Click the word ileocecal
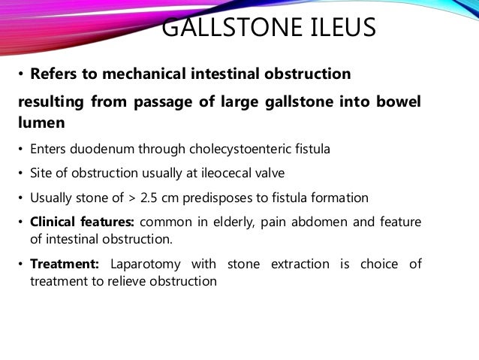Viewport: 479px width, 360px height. (x=197, y=173)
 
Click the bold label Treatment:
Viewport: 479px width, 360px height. (x=66, y=265)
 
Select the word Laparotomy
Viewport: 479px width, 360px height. (x=145, y=265)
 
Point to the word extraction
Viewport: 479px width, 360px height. (x=299, y=265)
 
